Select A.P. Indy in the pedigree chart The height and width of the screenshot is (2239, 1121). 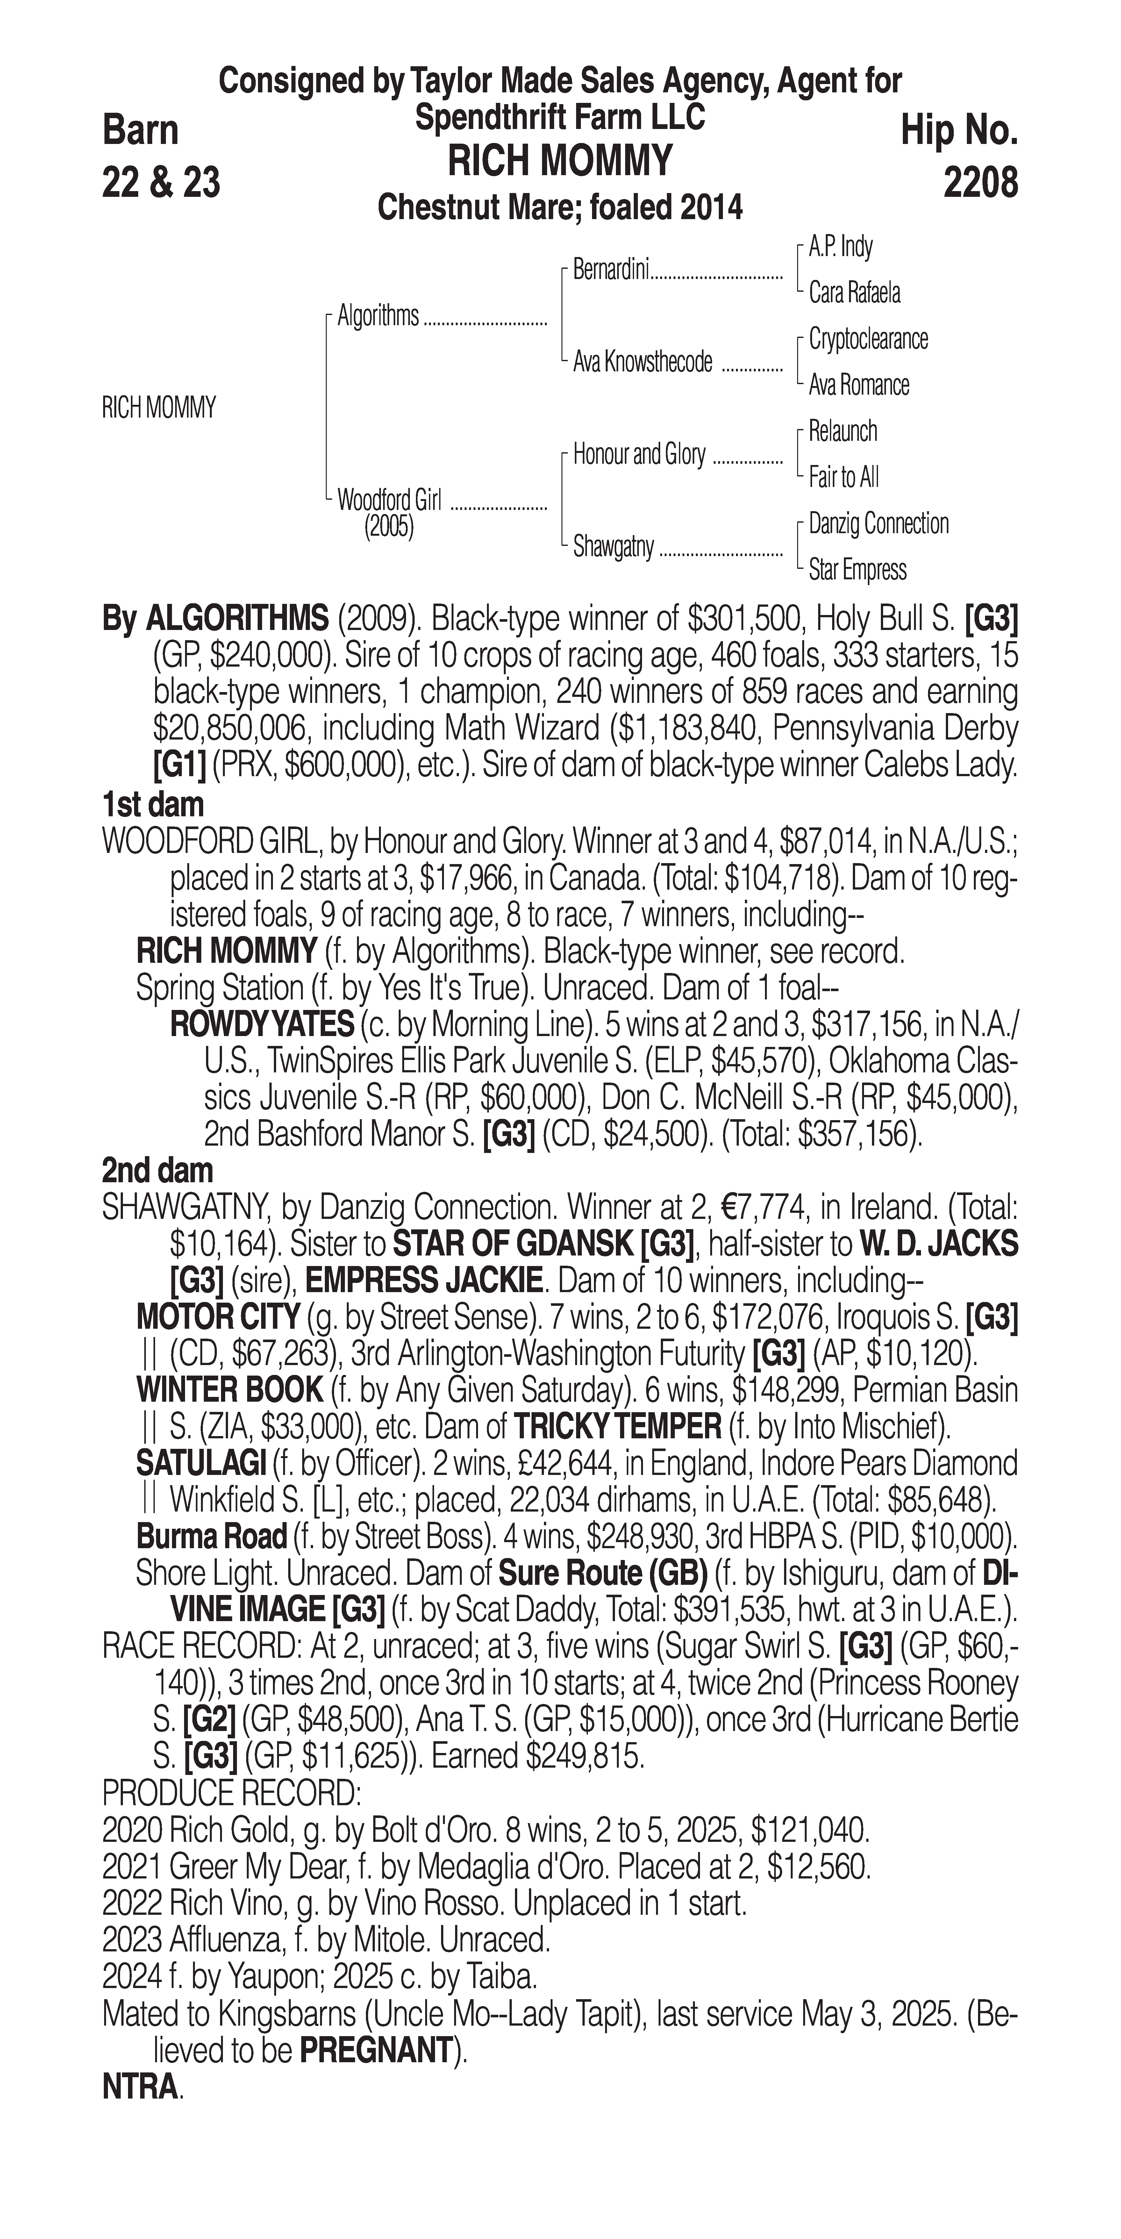click(x=840, y=247)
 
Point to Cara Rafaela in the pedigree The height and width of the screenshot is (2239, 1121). click(x=854, y=293)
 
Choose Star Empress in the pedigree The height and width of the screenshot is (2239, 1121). click(x=857, y=570)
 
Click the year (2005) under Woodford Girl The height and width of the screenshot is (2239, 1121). click(x=389, y=528)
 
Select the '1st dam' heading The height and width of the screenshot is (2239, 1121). click(x=153, y=805)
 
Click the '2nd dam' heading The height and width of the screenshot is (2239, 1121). click(x=157, y=1171)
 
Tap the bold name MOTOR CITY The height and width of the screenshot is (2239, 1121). click(x=218, y=1318)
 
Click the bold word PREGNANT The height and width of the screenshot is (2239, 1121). click(x=375, y=2050)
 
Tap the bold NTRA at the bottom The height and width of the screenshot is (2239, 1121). click(x=139, y=2087)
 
